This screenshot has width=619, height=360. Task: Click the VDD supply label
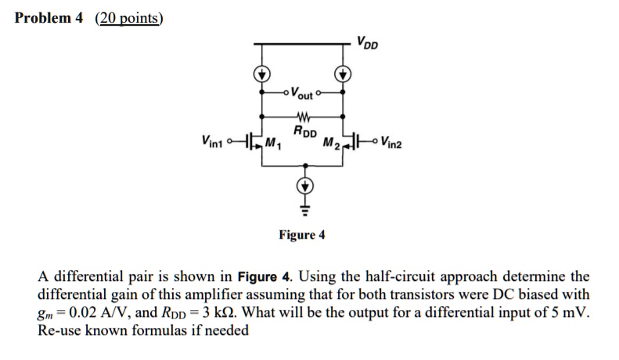point(366,42)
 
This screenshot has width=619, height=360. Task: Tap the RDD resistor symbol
point(301,120)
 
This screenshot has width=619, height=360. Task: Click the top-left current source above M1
point(261,74)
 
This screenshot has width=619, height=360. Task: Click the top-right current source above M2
point(341,74)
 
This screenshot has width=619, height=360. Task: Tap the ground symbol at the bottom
point(301,210)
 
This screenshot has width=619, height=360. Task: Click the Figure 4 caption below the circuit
point(302,235)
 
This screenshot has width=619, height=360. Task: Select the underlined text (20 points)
point(130,18)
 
